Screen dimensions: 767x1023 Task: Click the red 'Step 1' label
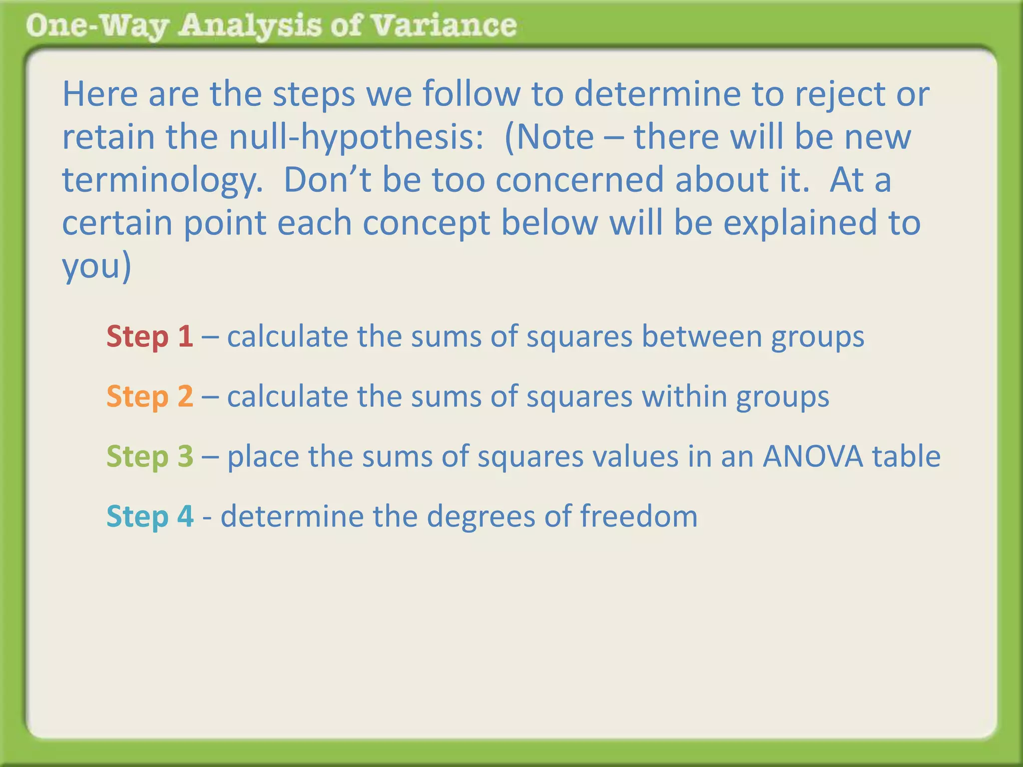[x=149, y=336]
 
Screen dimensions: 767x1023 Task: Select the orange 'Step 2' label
[x=149, y=396]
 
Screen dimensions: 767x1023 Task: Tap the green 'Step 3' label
[x=149, y=456]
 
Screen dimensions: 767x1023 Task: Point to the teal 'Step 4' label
[x=150, y=516]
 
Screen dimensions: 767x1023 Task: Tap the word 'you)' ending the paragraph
[x=96, y=267]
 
